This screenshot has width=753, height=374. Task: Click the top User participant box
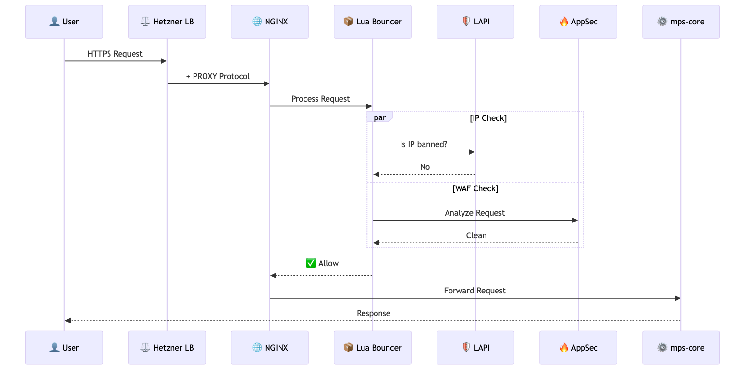pos(64,22)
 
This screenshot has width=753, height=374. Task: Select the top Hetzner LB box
pos(167,22)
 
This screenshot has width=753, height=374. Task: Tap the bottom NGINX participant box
pos(270,348)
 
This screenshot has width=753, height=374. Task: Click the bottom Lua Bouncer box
pos(373,348)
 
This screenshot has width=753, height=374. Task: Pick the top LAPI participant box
pos(475,22)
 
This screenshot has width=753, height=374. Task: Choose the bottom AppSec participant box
pos(578,348)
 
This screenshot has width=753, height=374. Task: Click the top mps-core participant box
pos(681,22)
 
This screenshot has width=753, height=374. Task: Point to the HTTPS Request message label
pos(115,54)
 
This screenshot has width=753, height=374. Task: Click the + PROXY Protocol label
pos(218,76)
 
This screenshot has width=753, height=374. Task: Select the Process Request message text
pos(321,99)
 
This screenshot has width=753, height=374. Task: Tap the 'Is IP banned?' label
pos(424,144)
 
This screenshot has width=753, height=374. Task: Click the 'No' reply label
pos(425,167)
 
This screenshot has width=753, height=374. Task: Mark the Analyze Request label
pos(475,213)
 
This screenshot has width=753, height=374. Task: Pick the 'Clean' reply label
pos(476,235)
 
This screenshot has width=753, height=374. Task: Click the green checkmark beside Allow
pos(311,263)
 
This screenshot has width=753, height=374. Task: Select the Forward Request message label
pos(475,291)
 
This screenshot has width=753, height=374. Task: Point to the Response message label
pos(374,313)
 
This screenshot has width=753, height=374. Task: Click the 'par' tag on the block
pos(379,118)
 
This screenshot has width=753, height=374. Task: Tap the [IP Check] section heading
pos(488,118)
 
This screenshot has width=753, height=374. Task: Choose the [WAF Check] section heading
pos(475,188)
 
